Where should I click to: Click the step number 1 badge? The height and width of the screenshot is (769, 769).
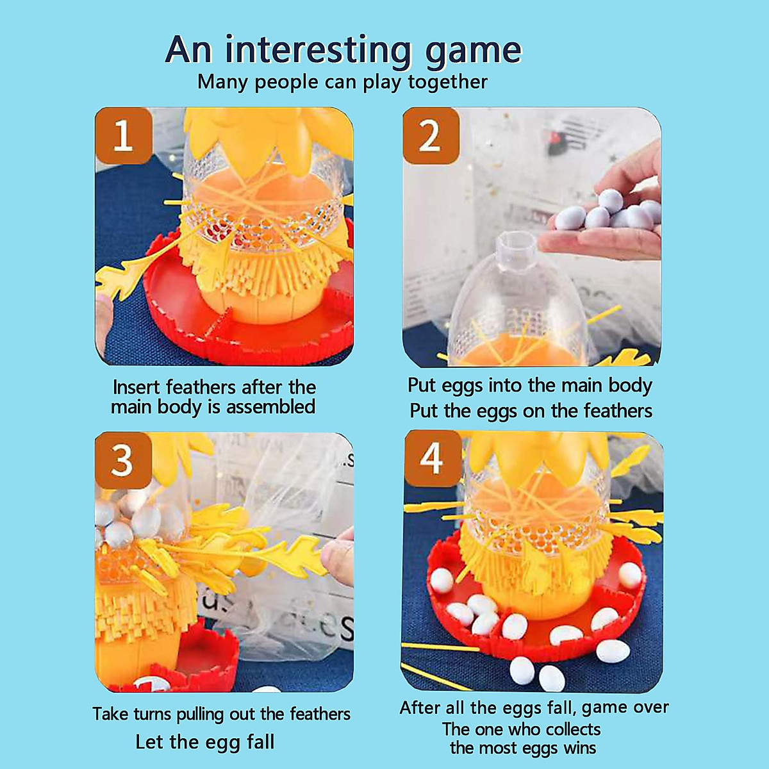[123, 136]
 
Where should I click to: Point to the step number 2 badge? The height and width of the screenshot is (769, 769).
[430, 136]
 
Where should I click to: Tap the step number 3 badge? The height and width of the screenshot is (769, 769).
[122, 461]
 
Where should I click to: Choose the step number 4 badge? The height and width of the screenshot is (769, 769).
[431, 459]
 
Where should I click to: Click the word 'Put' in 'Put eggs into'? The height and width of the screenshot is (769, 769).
[420, 385]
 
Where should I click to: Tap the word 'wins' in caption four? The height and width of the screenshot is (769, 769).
[579, 748]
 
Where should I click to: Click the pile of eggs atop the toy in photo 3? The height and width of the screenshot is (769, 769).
[131, 516]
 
